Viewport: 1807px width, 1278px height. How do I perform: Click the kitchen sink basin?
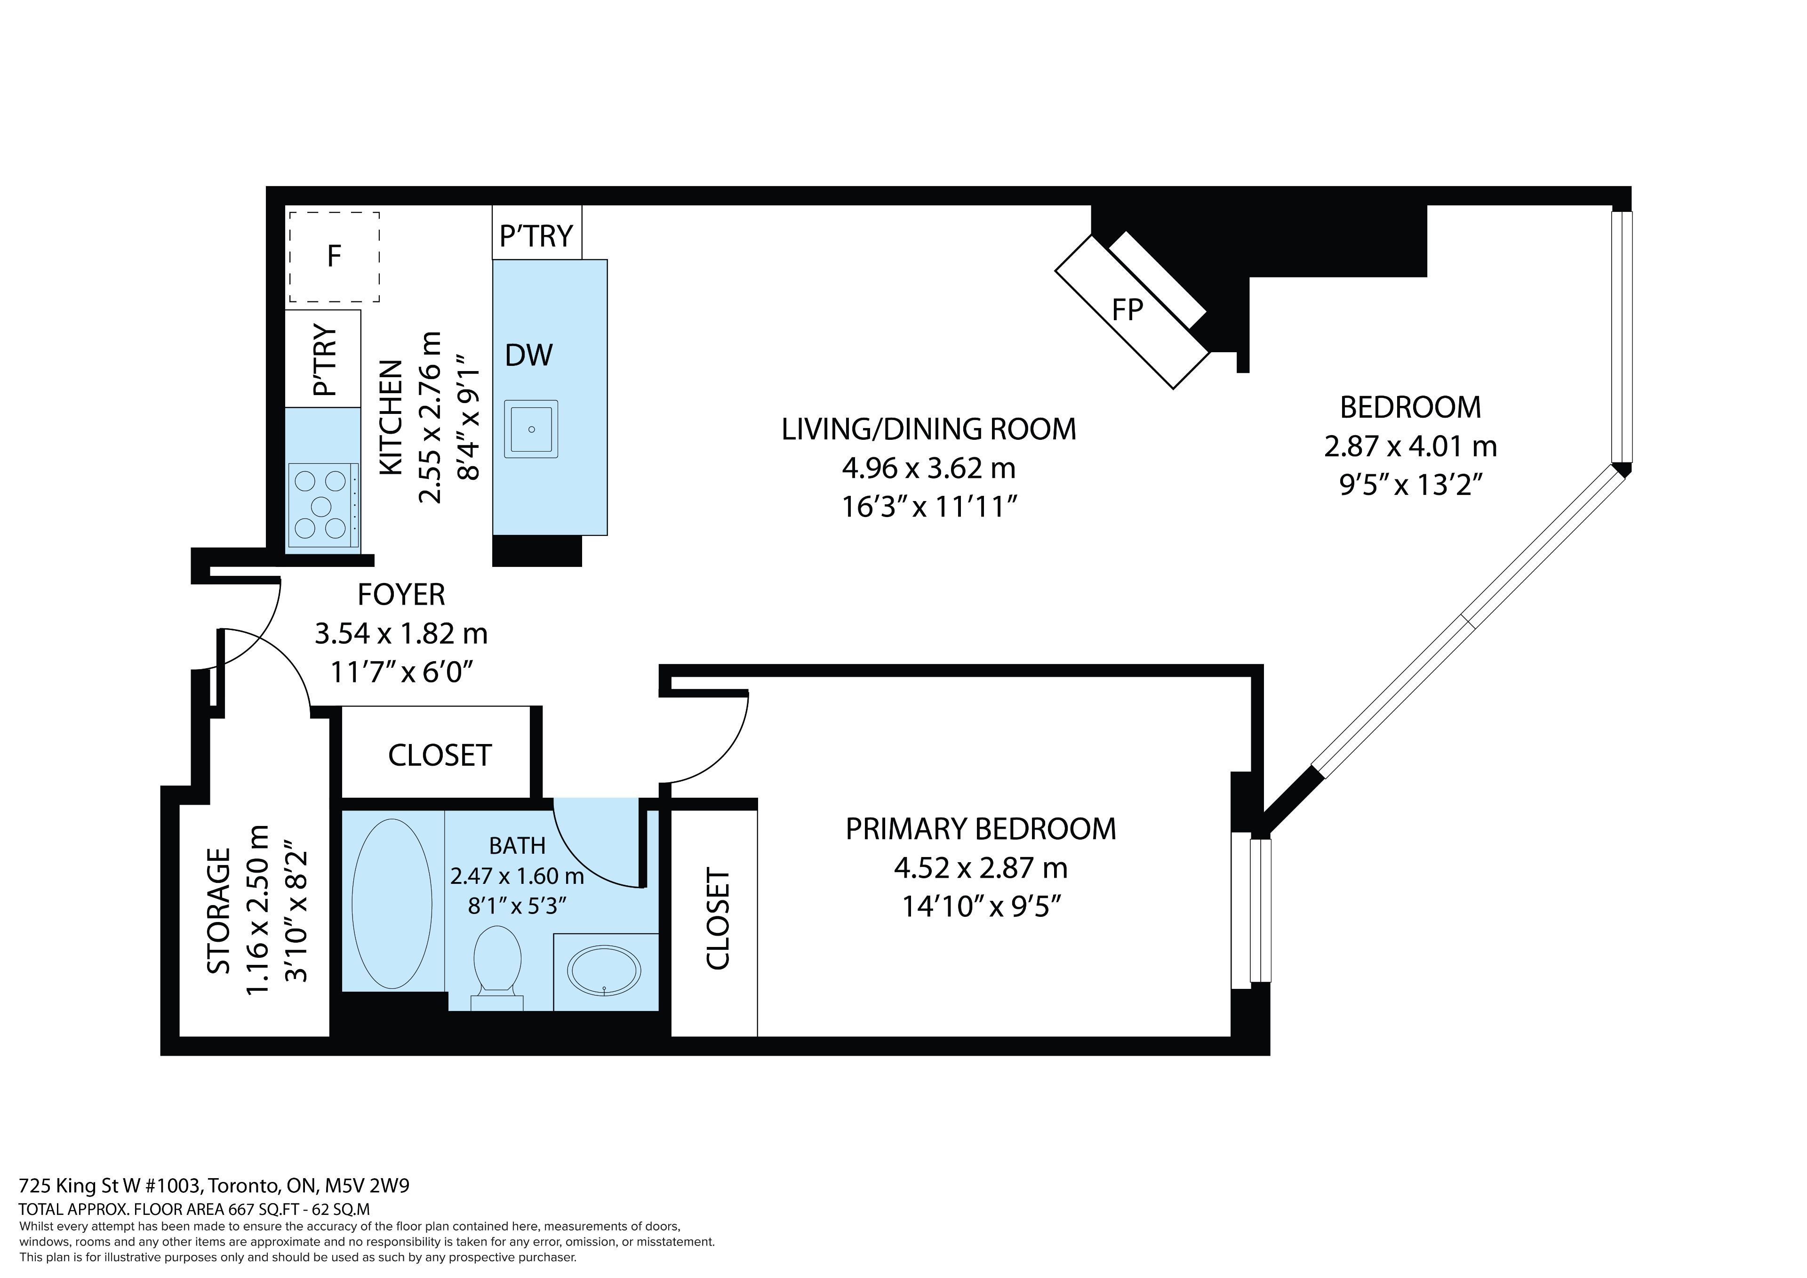point(531,429)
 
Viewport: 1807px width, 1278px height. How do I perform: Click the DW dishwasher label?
point(529,355)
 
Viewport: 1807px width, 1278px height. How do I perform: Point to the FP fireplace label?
point(1127,310)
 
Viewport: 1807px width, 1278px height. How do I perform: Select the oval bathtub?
point(392,903)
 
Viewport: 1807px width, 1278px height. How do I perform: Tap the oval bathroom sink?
point(604,970)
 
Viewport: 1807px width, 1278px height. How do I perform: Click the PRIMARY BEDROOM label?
point(981,829)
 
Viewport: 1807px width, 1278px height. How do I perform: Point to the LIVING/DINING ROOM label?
point(929,429)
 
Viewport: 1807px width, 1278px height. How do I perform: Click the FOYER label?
point(401,595)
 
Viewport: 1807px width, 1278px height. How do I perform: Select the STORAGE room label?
point(219,911)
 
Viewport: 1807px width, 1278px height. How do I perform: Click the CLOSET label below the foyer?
point(440,755)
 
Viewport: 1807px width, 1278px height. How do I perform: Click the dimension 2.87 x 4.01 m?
point(1410,446)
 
